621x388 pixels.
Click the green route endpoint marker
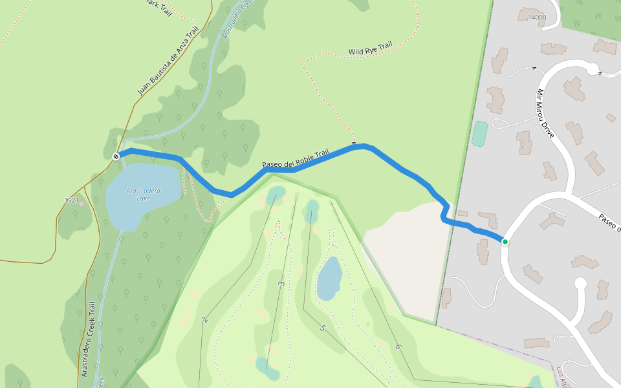(x=505, y=242)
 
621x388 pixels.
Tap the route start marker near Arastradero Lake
(x=116, y=156)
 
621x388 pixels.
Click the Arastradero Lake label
(x=144, y=194)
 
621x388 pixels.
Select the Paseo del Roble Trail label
(x=296, y=160)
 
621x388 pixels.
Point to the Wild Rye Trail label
(x=370, y=48)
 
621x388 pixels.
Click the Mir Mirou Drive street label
(x=545, y=114)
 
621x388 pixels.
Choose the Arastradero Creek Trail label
(x=89, y=339)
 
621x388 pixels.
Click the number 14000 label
(x=537, y=17)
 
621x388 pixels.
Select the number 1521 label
(x=71, y=200)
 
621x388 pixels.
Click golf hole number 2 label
(x=204, y=319)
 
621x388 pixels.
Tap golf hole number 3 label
(x=281, y=284)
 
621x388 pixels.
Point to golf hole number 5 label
(x=322, y=328)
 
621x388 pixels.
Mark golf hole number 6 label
(x=398, y=347)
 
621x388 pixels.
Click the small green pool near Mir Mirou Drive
(x=479, y=134)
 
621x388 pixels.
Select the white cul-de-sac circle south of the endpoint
(x=580, y=283)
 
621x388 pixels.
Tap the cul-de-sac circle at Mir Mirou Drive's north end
(x=592, y=68)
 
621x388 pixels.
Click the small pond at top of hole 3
(x=276, y=193)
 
